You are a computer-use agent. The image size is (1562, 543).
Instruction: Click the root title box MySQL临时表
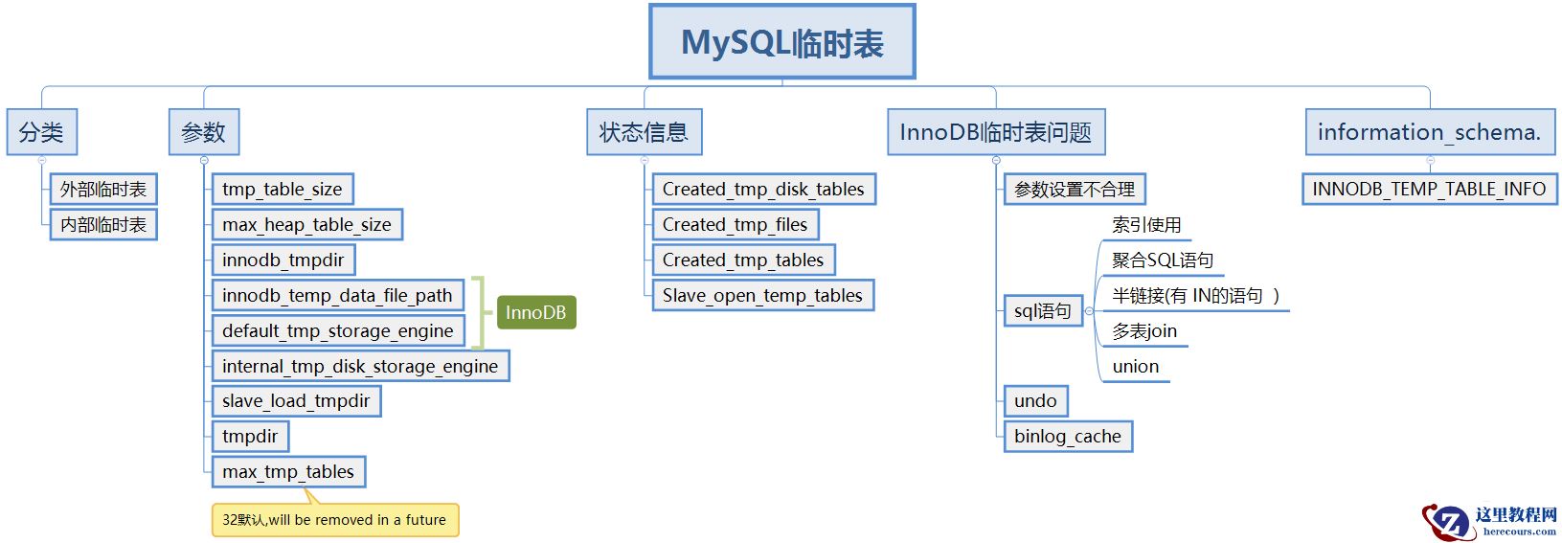click(781, 42)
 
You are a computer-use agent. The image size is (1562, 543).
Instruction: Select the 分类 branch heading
click(41, 132)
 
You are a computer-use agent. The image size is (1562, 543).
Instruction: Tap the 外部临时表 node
click(103, 190)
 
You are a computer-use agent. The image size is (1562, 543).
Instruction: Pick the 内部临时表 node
click(103, 225)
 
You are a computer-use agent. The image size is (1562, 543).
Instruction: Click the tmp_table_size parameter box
click(283, 190)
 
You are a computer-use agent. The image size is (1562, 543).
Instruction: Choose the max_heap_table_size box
click(306, 225)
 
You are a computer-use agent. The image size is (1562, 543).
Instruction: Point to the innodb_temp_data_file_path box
click(337, 296)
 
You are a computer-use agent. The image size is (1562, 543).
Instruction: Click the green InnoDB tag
click(535, 312)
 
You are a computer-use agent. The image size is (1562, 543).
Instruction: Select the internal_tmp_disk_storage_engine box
click(360, 366)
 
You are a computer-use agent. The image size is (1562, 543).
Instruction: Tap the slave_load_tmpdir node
click(296, 401)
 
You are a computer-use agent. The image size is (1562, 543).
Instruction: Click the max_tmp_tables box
click(288, 472)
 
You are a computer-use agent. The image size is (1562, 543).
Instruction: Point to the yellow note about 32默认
click(334, 520)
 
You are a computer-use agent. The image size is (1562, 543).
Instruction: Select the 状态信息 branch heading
click(644, 132)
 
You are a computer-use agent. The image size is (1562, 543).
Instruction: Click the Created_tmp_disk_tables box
click(763, 190)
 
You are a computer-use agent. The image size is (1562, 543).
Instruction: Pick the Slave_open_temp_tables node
click(762, 296)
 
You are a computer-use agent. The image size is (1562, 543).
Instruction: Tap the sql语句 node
click(1042, 311)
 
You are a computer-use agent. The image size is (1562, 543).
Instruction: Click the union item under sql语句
click(1136, 367)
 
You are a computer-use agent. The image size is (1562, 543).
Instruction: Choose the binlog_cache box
click(1068, 437)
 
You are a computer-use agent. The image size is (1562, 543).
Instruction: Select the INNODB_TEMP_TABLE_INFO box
click(1429, 190)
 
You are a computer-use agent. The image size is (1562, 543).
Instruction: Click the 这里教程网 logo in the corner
click(1489, 521)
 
